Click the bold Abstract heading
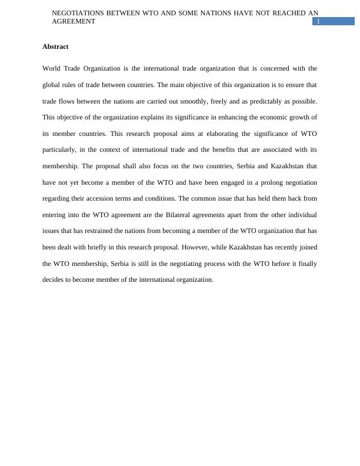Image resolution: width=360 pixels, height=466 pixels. pos(55,46)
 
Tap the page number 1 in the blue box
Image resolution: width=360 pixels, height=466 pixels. pos(318,22)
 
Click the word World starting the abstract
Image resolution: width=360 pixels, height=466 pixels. pos(52,68)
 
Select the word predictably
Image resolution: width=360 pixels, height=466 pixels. pos(258,101)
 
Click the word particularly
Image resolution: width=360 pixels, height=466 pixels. pos(59,150)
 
